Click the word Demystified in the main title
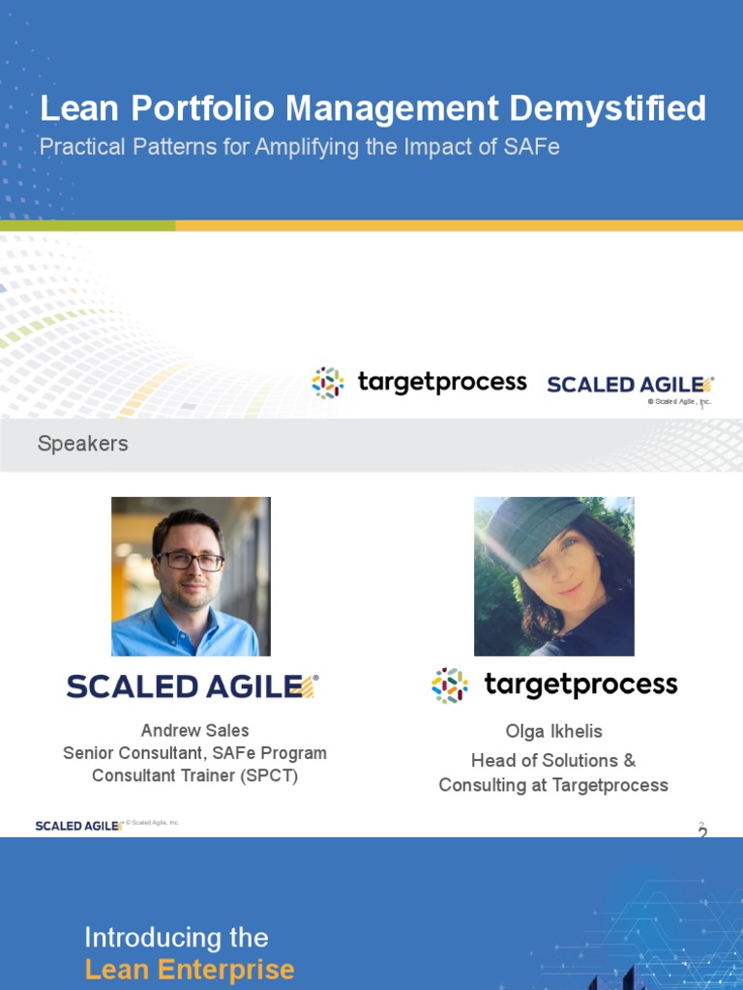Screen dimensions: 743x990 [x=608, y=108]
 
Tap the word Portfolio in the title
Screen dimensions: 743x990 [x=203, y=108]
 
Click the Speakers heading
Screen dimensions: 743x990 [x=83, y=443]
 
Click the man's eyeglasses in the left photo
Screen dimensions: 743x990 [x=191, y=560]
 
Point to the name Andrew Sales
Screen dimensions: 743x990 [x=194, y=731]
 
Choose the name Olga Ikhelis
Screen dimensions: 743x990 [x=553, y=731]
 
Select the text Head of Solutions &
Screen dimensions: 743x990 [x=553, y=760]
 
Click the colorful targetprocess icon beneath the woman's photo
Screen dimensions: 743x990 [x=449, y=685]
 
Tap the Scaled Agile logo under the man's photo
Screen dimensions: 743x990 [x=193, y=686]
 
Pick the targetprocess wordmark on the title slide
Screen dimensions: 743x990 [x=441, y=383]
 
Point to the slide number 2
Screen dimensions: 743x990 [x=702, y=832]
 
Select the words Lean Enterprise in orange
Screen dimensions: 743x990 [x=190, y=969]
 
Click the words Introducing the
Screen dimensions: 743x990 [x=176, y=938]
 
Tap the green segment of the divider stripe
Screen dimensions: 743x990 [x=88, y=225]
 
